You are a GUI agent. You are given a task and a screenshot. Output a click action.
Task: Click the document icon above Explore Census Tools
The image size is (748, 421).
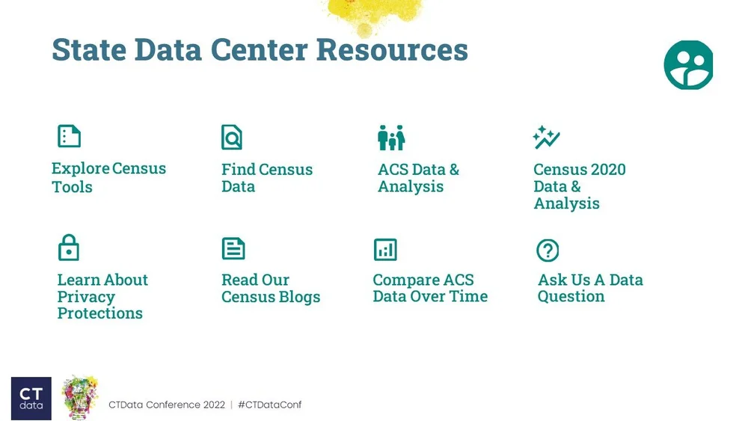pos(69,136)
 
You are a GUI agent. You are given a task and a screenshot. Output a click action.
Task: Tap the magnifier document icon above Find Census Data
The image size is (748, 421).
pos(232,137)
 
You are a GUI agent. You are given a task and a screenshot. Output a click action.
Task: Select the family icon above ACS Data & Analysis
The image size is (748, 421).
pos(391,138)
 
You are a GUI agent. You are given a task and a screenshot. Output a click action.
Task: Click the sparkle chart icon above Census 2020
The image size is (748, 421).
pos(546,138)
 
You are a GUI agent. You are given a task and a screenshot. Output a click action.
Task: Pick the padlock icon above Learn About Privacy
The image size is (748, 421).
pos(69,248)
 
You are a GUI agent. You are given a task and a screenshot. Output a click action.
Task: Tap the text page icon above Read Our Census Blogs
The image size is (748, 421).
pos(233,248)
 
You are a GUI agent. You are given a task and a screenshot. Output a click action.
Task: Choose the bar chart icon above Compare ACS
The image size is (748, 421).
pos(385,250)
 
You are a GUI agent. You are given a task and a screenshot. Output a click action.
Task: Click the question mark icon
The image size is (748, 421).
pos(548,251)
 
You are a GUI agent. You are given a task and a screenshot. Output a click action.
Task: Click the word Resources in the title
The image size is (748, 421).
pos(392,50)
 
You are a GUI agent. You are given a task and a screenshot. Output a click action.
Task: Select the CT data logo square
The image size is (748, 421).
pos(31,398)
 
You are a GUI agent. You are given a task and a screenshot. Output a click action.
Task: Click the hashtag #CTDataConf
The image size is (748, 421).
pos(269,405)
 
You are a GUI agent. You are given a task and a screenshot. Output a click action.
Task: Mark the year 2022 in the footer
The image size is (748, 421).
pos(213,405)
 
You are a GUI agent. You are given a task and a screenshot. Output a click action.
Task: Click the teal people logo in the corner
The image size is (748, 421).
pos(688,65)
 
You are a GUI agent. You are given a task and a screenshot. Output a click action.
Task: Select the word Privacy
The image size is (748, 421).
pos(86,297)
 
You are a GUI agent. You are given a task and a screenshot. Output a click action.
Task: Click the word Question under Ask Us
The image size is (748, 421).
pos(571,297)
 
